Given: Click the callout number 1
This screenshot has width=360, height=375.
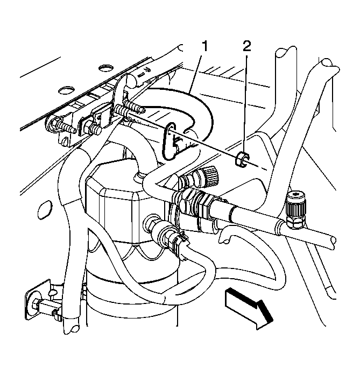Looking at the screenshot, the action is [205, 46].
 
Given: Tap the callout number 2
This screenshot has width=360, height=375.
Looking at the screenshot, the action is [246, 46].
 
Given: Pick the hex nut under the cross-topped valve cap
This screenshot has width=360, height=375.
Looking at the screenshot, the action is [295, 222].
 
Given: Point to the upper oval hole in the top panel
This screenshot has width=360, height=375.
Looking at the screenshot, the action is [105, 68].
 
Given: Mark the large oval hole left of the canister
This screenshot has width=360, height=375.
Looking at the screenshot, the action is [45, 209].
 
